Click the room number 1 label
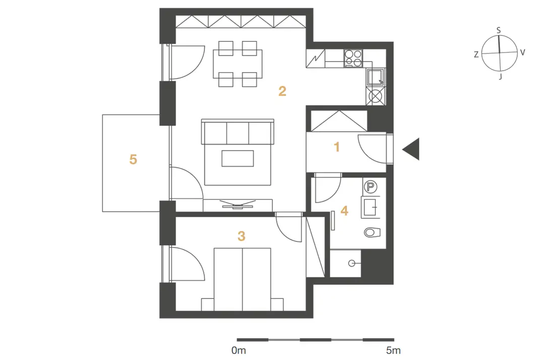(x=337, y=147)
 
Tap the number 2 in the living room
(x=282, y=91)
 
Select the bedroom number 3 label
(x=241, y=236)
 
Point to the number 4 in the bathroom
(x=344, y=211)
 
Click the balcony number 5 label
(x=133, y=159)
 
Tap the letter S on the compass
(x=499, y=30)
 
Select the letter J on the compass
(x=500, y=76)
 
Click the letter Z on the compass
(x=476, y=55)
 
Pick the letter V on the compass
(x=522, y=53)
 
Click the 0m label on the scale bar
(x=239, y=350)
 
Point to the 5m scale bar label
(x=393, y=350)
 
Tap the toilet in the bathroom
(x=372, y=232)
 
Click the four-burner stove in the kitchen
(x=353, y=58)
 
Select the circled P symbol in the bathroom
(x=370, y=186)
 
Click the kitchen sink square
(x=375, y=77)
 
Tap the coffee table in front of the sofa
(x=238, y=159)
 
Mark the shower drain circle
(x=351, y=263)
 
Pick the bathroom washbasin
(x=370, y=207)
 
